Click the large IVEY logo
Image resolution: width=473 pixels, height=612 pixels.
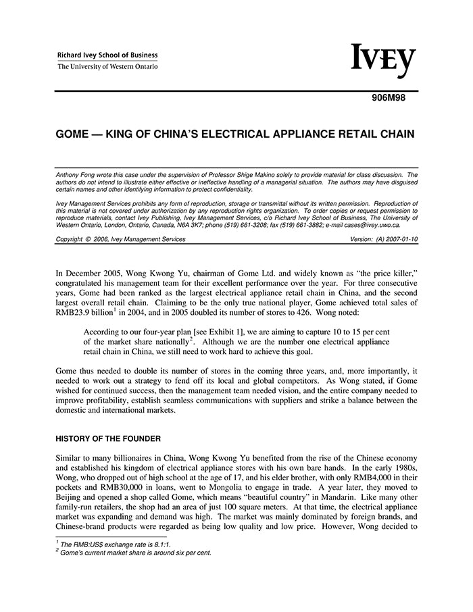point(383,61)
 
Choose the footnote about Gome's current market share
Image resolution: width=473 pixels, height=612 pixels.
point(134,552)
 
